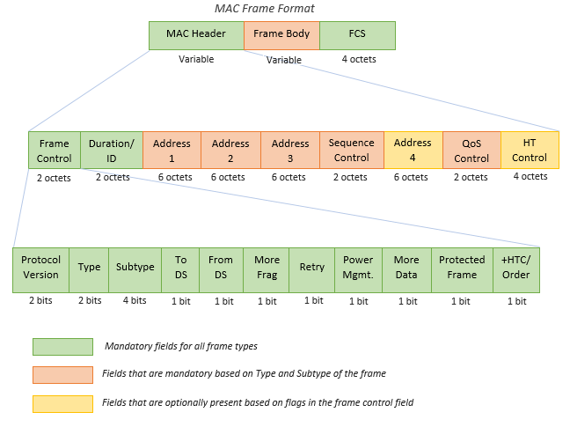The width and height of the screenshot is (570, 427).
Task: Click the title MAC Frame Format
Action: [265, 9]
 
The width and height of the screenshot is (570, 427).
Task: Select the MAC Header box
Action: [196, 35]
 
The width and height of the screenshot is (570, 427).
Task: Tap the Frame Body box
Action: [281, 35]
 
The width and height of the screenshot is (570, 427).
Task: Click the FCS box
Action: [357, 35]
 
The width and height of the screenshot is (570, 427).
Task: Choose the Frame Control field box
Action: [55, 150]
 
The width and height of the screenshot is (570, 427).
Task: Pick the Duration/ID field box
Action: [112, 150]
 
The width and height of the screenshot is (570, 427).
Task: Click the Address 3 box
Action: [290, 150]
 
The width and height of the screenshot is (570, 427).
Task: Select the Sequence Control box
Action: [351, 150]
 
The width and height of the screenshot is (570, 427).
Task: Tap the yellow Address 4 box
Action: [413, 150]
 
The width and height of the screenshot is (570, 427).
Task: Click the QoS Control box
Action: [471, 150]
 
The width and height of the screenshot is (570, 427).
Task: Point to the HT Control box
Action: [530, 150]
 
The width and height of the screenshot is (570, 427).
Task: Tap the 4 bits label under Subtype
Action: [135, 301]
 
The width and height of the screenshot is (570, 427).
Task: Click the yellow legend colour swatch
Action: [62, 404]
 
